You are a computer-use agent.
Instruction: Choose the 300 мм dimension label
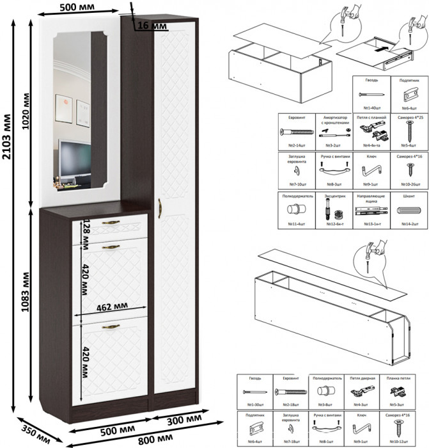(x=182, y=421)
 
